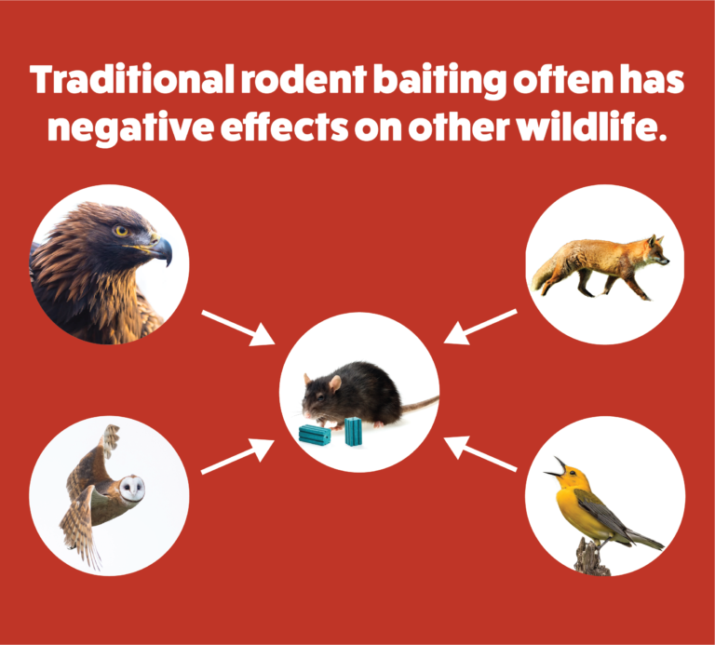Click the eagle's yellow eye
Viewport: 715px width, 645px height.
[x=120, y=231]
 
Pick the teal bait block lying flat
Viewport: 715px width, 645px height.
[x=315, y=434]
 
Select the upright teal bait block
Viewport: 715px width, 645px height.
[x=354, y=431]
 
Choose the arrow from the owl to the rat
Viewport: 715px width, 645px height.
[x=237, y=455]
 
